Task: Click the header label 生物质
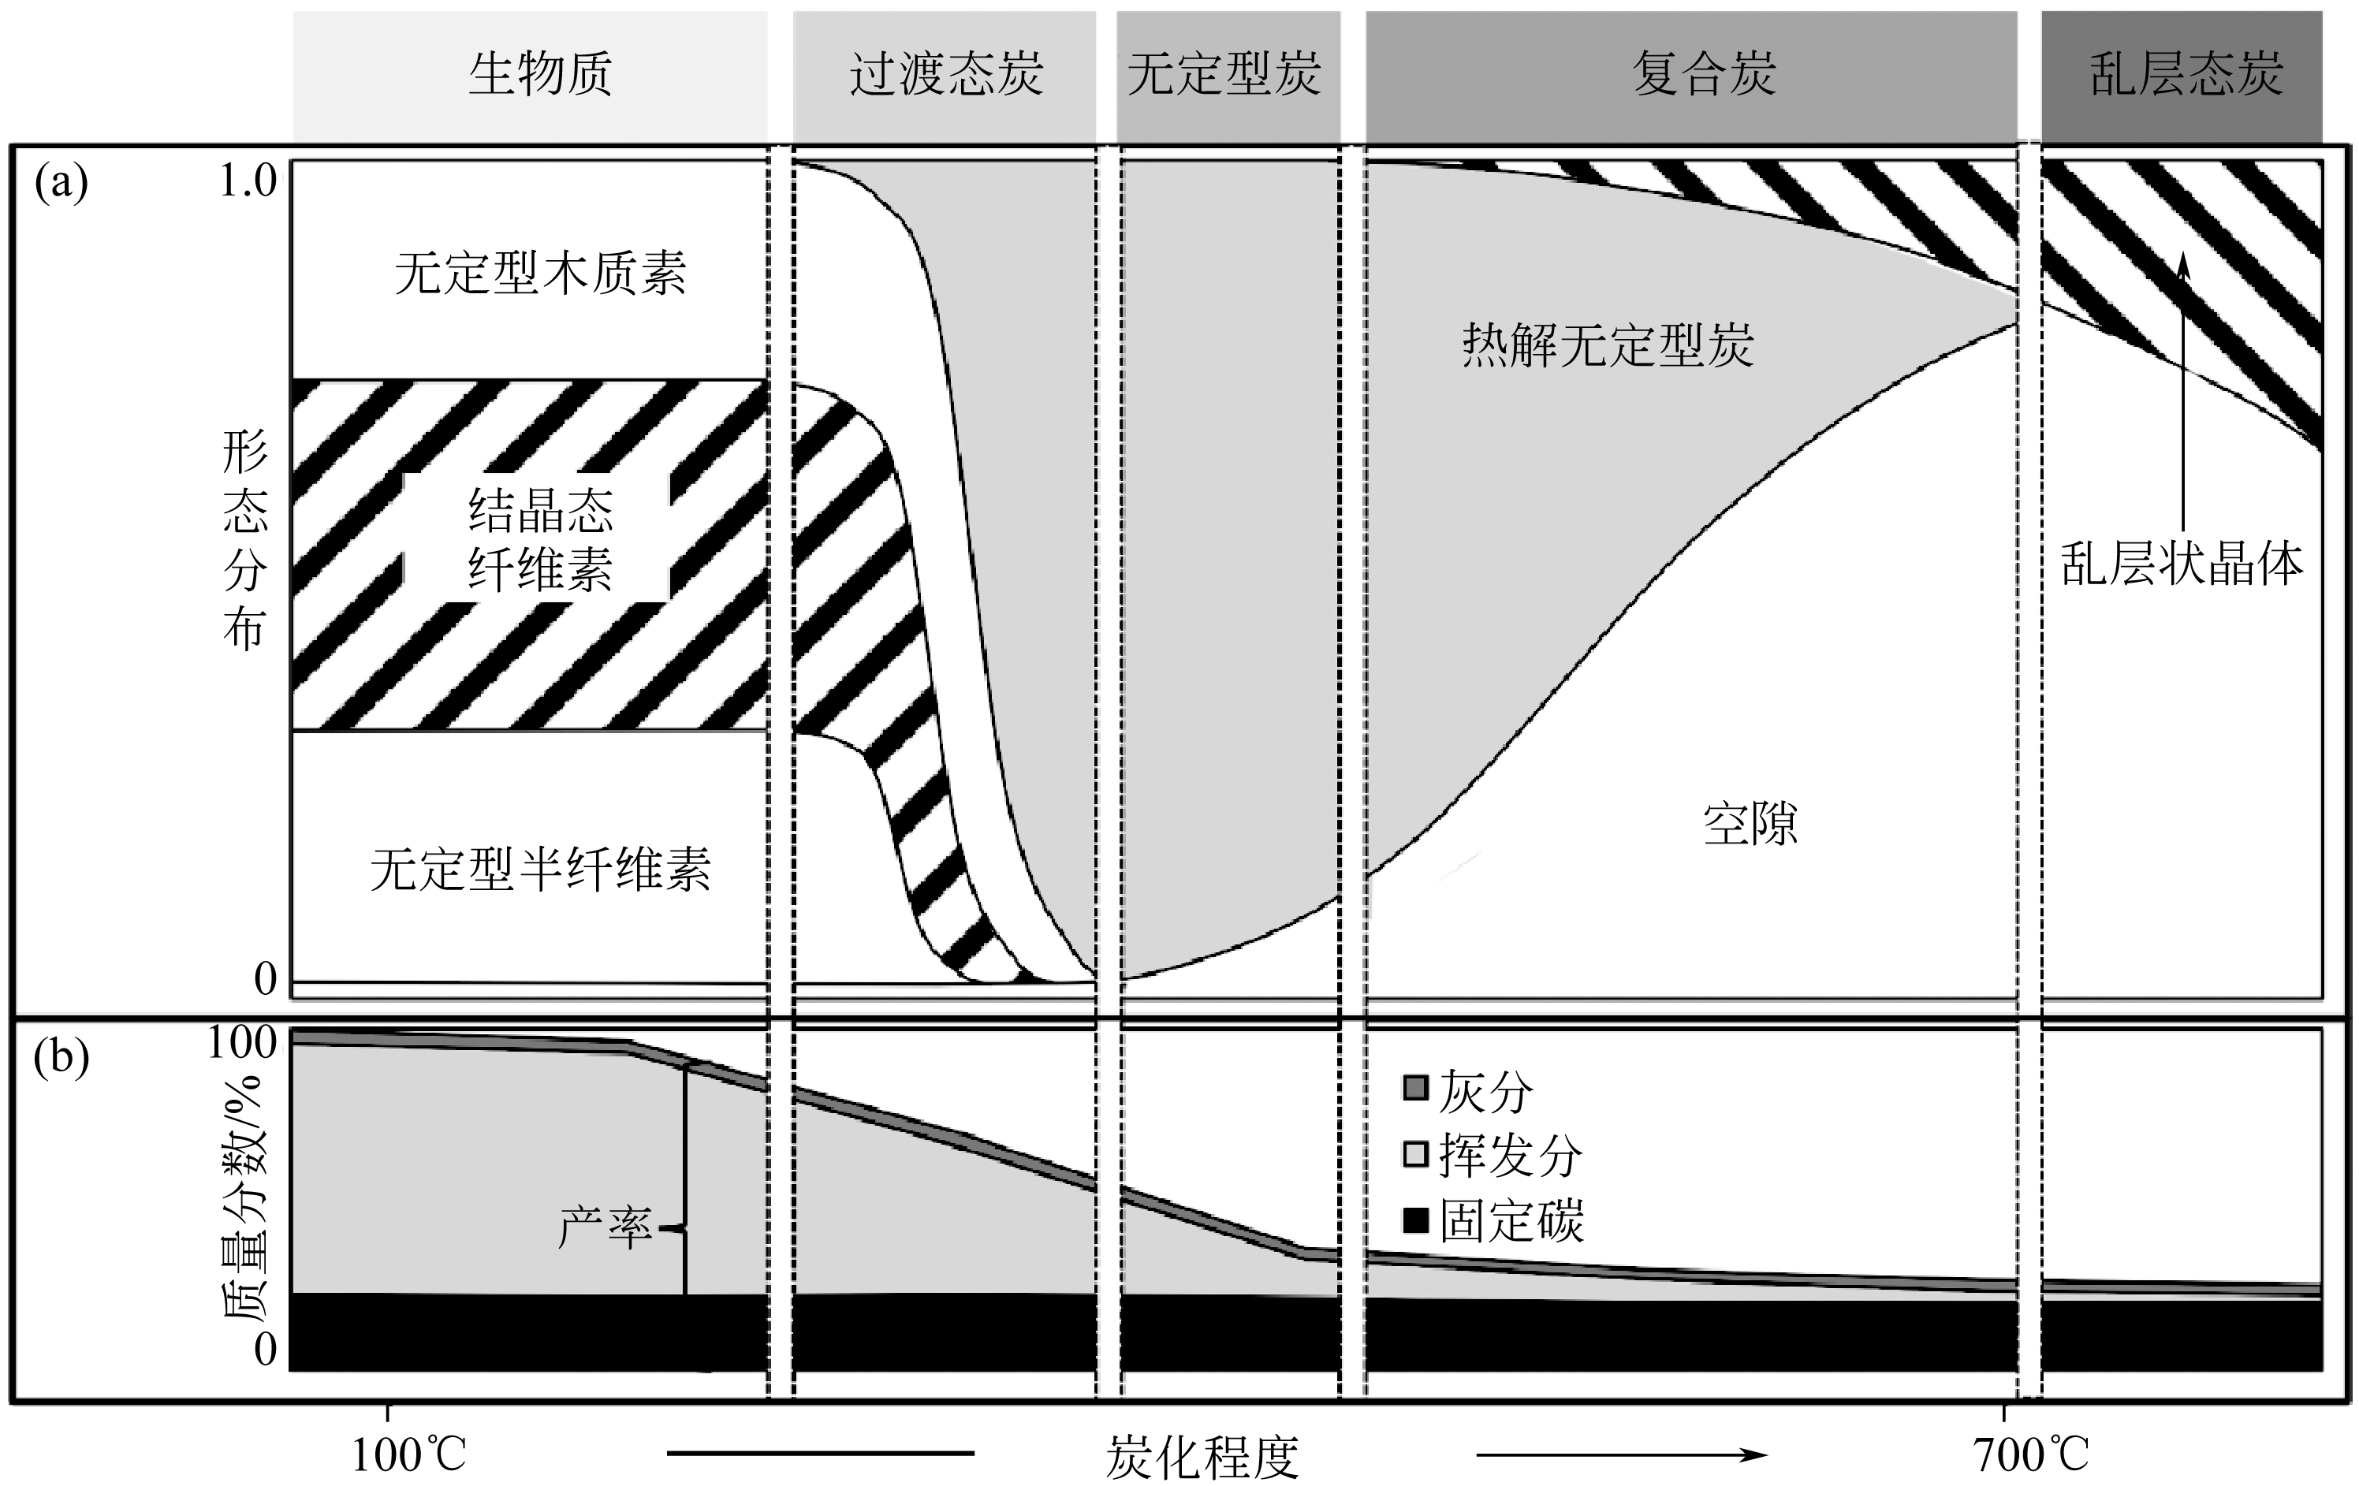(540, 74)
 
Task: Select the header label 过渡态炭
(945, 74)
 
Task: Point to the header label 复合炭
(1704, 74)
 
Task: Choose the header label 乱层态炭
(2186, 74)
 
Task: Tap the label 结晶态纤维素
(540, 538)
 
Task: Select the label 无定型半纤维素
(540, 868)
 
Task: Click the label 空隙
(1750, 823)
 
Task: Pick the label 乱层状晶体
(2182, 564)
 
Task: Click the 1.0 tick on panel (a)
(248, 181)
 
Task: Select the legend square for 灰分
(1414, 1089)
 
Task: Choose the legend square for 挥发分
(1414, 1154)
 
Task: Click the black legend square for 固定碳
(1414, 1220)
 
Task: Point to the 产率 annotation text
(605, 1227)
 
